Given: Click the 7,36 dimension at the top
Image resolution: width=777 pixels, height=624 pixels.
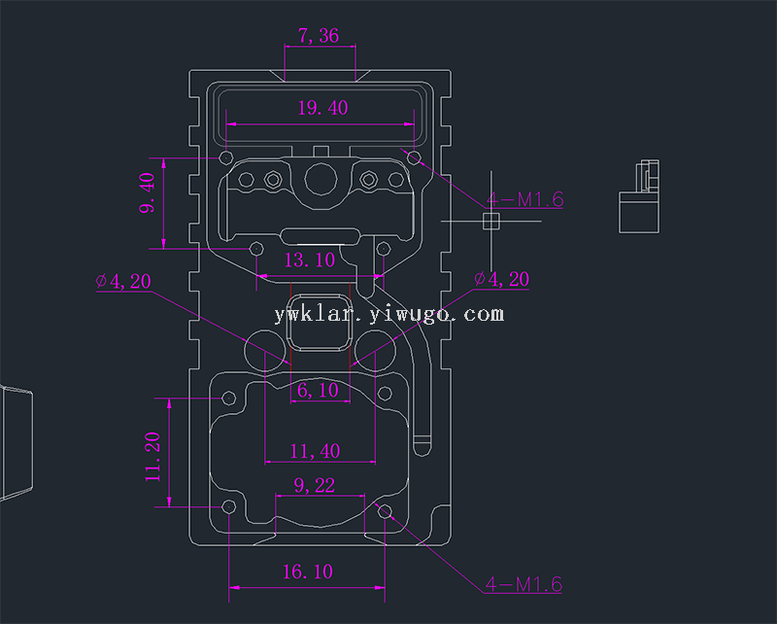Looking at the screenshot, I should click(x=319, y=36).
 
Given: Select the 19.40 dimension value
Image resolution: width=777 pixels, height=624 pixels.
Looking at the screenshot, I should click(x=321, y=108).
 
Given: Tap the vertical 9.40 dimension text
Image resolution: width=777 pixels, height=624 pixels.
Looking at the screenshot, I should click(x=148, y=193).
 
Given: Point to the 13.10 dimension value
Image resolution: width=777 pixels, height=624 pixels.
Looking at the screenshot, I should click(x=309, y=260).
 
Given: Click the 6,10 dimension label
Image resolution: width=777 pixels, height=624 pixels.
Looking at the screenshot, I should click(x=318, y=390).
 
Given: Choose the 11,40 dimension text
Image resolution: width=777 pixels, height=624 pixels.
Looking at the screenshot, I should click(x=316, y=451).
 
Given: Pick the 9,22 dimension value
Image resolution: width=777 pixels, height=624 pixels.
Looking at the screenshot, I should click(x=313, y=485).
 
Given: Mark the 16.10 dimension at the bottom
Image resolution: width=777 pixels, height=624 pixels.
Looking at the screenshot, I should click(x=307, y=572).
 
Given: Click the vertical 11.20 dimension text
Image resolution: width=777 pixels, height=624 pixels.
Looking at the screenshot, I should click(x=152, y=458).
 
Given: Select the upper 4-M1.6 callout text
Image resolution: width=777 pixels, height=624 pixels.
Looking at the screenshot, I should click(x=524, y=200).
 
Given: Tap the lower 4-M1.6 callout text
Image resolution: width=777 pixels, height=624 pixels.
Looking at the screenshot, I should click(x=524, y=585).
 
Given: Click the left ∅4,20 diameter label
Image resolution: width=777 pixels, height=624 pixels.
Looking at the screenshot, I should click(x=123, y=282).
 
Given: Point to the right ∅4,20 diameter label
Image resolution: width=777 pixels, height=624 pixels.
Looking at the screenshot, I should click(x=501, y=280).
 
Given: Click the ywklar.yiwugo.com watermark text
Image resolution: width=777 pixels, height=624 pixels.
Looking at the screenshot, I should click(x=388, y=314).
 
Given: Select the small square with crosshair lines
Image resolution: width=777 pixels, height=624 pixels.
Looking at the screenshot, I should click(x=490, y=221).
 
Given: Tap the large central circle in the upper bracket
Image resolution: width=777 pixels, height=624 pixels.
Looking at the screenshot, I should click(x=320, y=179).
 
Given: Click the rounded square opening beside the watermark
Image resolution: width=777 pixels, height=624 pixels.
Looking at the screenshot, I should click(x=317, y=322).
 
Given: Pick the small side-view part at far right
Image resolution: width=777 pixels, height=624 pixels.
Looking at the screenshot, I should click(x=639, y=197).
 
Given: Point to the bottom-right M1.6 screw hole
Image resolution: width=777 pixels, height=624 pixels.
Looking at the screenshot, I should click(x=385, y=511).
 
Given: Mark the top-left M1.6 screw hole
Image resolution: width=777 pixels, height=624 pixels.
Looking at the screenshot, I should click(x=226, y=157).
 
